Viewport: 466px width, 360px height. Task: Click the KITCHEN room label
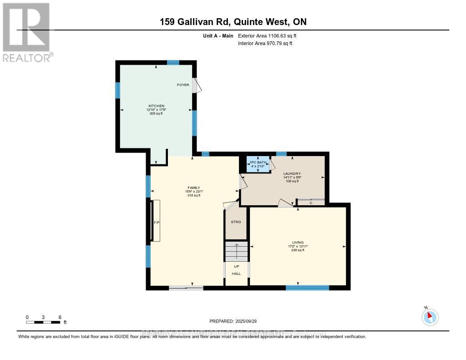click(x=156, y=106)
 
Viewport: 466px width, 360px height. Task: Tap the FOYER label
click(x=183, y=85)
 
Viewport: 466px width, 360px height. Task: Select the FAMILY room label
click(x=194, y=188)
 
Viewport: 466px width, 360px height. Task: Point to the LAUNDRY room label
click(x=292, y=173)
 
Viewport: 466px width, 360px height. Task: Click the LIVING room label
click(x=298, y=242)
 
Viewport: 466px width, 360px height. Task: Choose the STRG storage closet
click(x=236, y=222)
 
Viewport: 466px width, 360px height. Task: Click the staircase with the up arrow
click(x=236, y=251)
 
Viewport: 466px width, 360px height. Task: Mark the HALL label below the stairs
click(x=236, y=274)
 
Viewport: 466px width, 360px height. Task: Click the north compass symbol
click(x=430, y=316)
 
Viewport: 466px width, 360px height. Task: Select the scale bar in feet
click(x=43, y=322)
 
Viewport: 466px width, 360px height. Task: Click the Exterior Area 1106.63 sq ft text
click(x=268, y=35)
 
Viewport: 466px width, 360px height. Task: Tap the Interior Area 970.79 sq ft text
click(x=265, y=43)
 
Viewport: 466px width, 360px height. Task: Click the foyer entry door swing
click(x=195, y=86)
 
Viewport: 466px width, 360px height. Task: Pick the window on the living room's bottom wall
click(x=307, y=288)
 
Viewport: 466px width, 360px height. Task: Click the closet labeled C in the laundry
click(x=310, y=203)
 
